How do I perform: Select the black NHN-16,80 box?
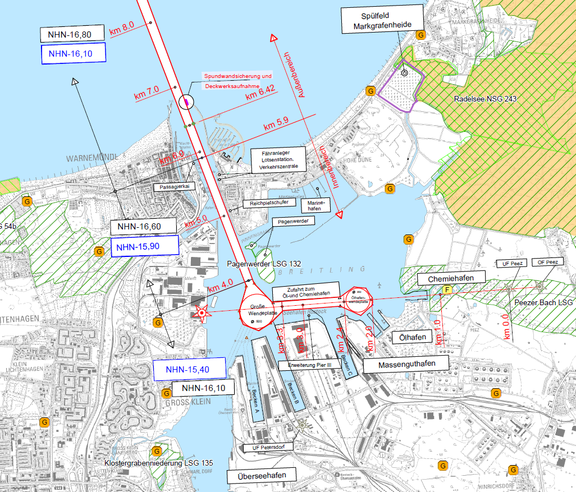click(73, 34)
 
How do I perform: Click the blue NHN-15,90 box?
click(144, 246)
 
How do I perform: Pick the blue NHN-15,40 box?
click(189, 370)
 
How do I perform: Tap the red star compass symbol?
click(201, 313)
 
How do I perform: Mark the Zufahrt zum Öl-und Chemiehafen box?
click(306, 291)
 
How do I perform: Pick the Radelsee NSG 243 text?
click(485, 99)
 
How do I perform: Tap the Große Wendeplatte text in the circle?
click(255, 309)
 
